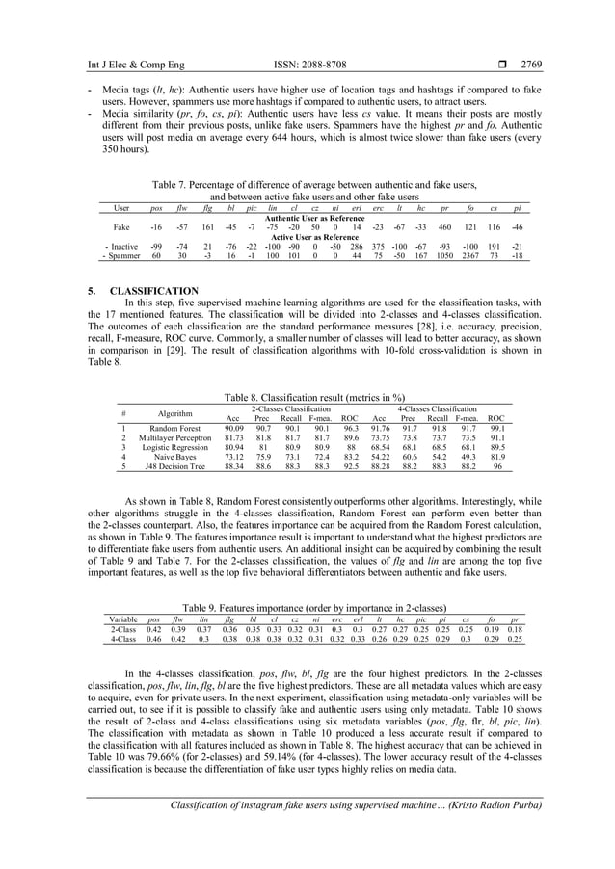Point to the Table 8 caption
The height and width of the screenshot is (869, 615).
pyautogui.click(x=307, y=396)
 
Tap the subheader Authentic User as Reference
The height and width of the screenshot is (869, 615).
pyautogui.click(x=307, y=219)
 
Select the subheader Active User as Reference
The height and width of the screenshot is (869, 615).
pyautogui.click(x=307, y=237)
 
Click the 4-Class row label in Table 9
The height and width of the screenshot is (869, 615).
pyautogui.click(x=122, y=638)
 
